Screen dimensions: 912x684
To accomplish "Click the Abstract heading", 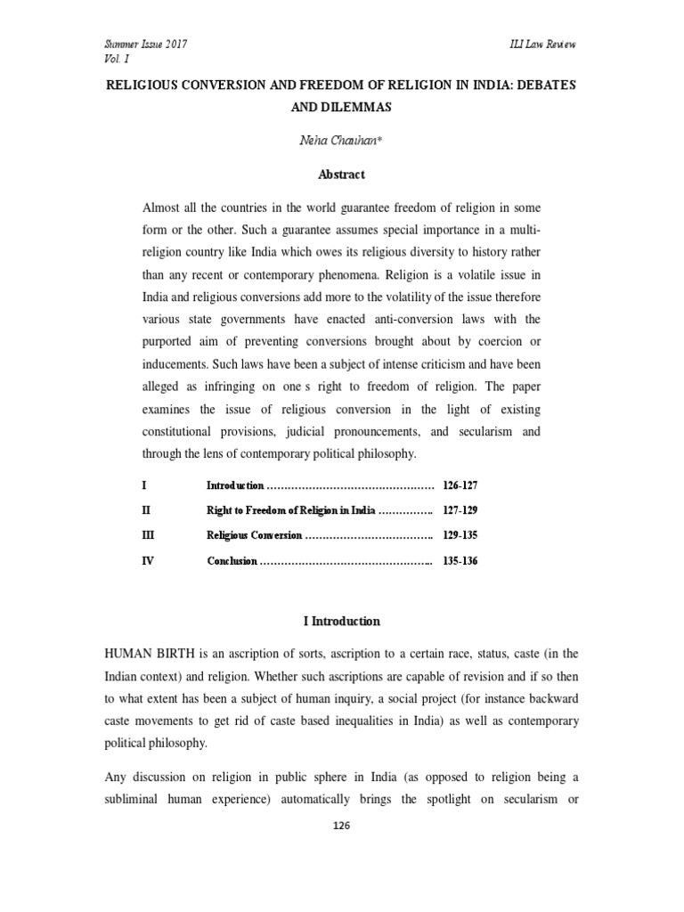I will (x=342, y=175).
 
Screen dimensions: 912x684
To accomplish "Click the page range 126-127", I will (x=460, y=486).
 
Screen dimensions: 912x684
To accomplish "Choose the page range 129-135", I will (x=460, y=536).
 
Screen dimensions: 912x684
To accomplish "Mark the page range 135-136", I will (x=460, y=562).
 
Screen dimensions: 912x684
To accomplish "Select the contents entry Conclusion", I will (x=232, y=562).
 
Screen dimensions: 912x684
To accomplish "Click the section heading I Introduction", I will (x=342, y=622).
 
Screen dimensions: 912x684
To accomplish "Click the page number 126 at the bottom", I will (x=342, y=826).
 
